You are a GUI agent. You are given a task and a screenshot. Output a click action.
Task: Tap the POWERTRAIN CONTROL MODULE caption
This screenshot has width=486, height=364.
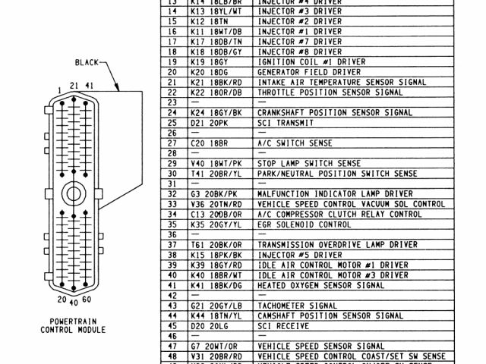point(73,325)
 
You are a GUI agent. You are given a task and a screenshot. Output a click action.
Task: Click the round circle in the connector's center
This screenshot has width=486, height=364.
point(74,194)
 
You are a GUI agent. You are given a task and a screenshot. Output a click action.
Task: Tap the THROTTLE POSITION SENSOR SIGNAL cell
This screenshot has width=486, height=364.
point(330,92)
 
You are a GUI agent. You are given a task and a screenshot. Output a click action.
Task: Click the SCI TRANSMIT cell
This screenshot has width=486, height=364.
point(284,123)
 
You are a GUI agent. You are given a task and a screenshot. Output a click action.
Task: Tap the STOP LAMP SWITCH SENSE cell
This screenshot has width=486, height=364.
point(305,163)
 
